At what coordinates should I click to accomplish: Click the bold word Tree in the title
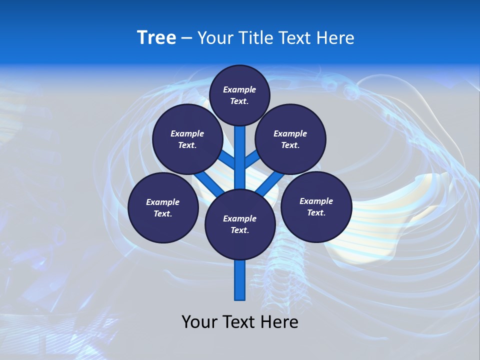click(156, 37)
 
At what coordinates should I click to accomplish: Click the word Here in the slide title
click(336, 38)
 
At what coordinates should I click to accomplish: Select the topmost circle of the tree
click(239, 95)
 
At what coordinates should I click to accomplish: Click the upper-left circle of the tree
click(187, 139)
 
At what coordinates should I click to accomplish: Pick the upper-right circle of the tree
click(290, 139)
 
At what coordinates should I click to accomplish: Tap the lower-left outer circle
click(163, 207)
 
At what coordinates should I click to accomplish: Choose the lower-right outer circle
click(316, 207)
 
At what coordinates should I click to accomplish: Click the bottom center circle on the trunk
click(240, 224)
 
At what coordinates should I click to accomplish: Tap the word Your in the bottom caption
click(199, 322)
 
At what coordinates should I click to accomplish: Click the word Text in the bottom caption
click(238, 322)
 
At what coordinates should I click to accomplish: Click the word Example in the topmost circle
click(239, 89)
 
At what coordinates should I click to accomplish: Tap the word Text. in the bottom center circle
click(239, 230)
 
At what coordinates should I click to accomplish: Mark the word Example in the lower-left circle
click(163, 202)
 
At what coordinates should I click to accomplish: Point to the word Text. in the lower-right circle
click(316, 213)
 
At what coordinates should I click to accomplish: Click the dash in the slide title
click(187, 38)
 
